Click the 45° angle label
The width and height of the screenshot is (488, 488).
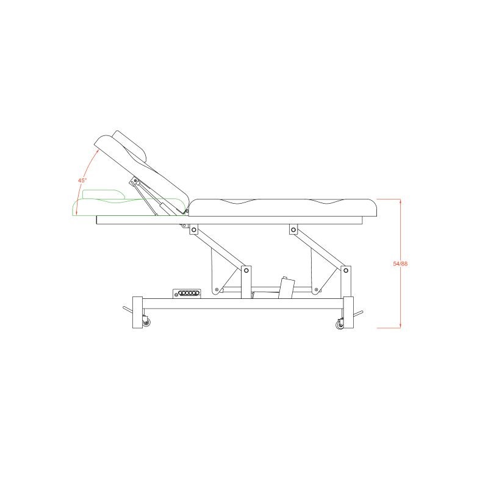82,180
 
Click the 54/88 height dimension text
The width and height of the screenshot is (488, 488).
400,264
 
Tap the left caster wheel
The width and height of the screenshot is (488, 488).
146,323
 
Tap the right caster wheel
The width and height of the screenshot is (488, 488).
339,325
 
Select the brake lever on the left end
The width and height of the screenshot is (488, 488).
128,310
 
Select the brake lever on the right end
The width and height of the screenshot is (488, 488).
358,314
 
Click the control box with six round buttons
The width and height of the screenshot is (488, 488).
187,293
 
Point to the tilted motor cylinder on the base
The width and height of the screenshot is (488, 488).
287,287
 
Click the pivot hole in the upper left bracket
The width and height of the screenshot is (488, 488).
194,230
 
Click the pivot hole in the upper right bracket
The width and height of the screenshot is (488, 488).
293,230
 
